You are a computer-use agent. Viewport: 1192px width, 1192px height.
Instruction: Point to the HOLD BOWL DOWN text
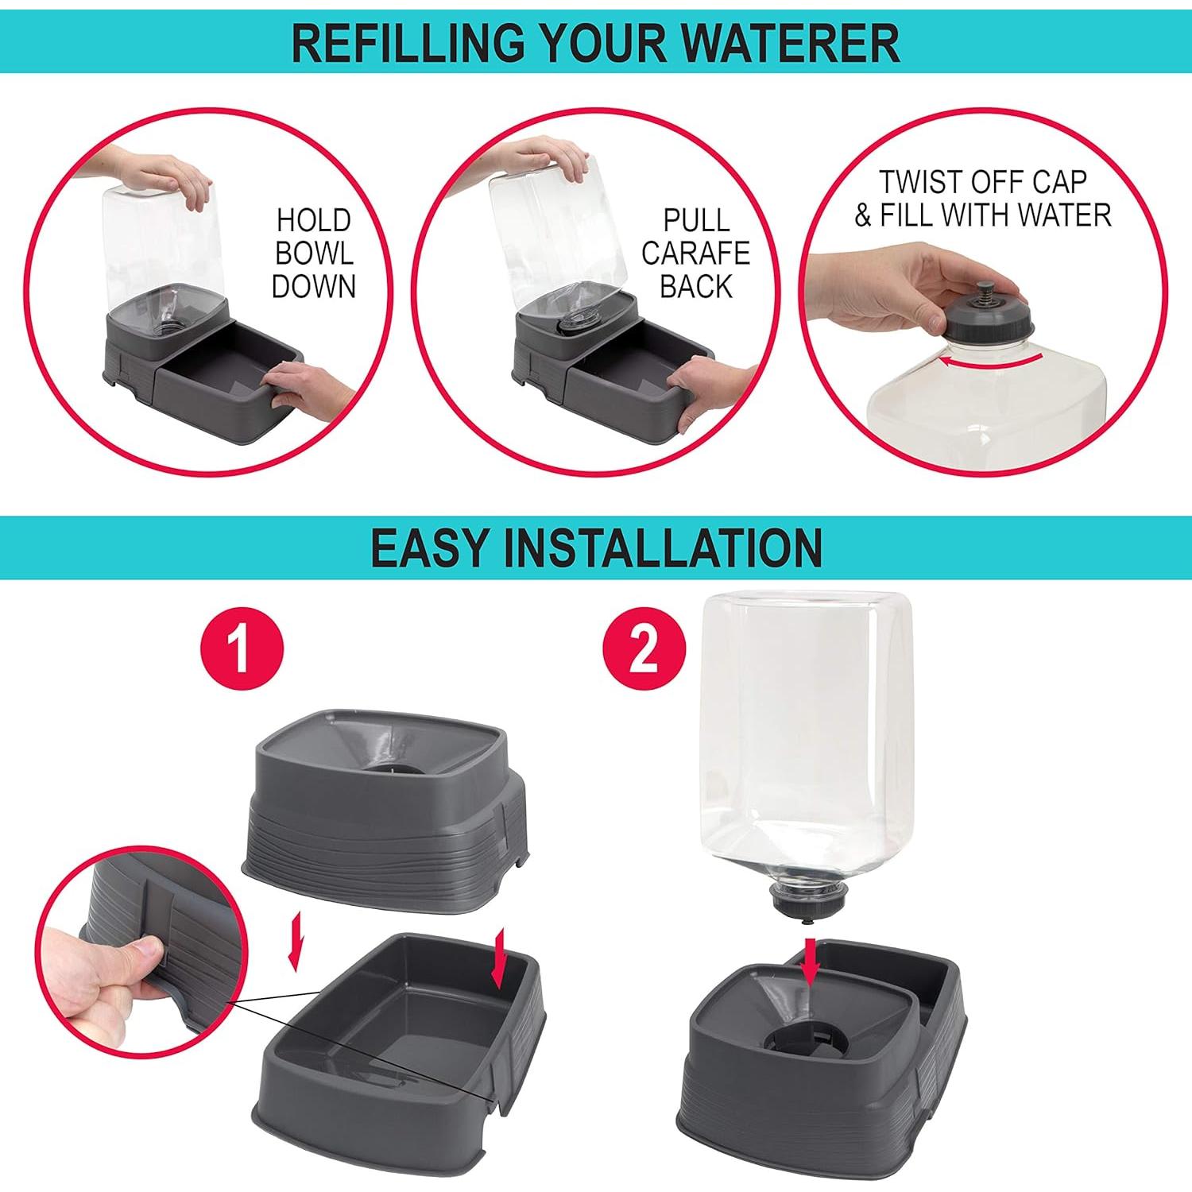click(x=314, y=253)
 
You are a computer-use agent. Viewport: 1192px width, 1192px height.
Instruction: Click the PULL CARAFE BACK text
click(x=695, y=253)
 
